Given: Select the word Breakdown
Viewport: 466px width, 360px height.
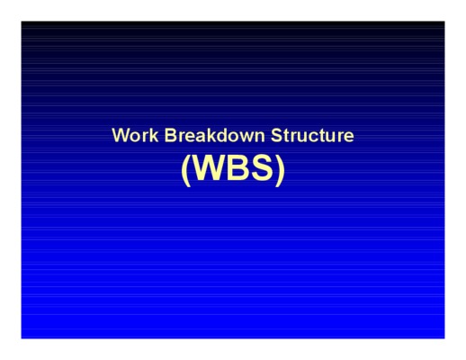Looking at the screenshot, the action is coord(215,135).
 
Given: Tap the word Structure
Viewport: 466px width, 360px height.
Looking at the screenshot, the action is coord(312,135).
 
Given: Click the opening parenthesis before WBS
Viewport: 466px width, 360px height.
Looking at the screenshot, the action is coord(186,170).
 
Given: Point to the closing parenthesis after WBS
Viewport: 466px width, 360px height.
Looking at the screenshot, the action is coord(280,170).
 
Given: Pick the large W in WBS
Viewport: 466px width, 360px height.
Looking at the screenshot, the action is coord(210,167).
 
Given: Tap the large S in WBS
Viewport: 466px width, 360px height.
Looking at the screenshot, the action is coord(262,167).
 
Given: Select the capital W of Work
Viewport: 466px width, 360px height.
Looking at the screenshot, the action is coord(121,135).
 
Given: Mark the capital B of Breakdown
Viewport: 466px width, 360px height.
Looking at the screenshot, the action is coord(170,135).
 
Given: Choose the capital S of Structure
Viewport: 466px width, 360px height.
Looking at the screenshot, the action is coord(277,135).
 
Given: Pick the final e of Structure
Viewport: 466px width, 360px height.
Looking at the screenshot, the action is coord(349,138).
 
